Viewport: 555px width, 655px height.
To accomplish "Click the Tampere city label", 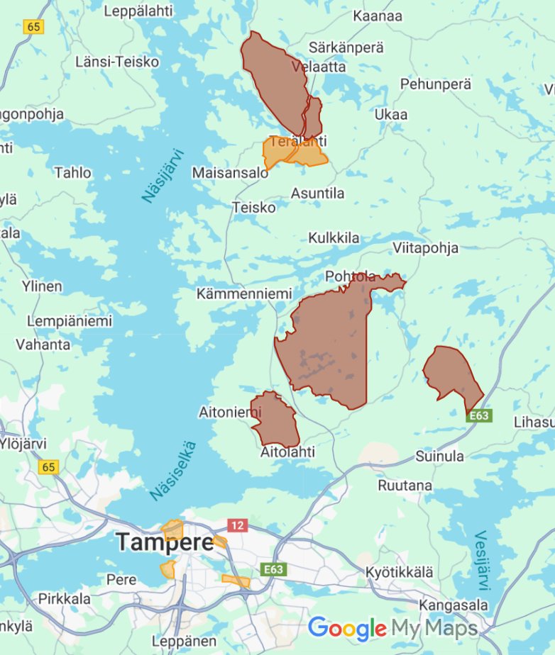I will tap(165, 542).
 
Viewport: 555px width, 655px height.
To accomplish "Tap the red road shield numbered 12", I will tap(236, 525).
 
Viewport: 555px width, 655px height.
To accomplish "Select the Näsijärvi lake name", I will tap(163, 175).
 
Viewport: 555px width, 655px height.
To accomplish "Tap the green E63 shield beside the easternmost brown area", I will tap(478, 416).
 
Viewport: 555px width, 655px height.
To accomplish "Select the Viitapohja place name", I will tap(425, 247).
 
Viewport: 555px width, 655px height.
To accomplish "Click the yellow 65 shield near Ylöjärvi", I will tap(48, 466).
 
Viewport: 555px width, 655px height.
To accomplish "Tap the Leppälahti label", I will tap(138, 11).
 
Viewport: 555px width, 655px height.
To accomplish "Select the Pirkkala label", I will tap(65, 598).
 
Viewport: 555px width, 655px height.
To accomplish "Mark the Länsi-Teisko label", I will tap(117, 62).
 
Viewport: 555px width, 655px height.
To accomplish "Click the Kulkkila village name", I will tap(334, 237).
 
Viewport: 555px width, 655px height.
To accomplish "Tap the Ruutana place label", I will tap(405, 486).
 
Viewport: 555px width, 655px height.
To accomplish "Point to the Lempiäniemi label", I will tap(70, 321).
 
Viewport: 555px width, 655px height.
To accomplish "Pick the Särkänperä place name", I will tap(346, 47).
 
